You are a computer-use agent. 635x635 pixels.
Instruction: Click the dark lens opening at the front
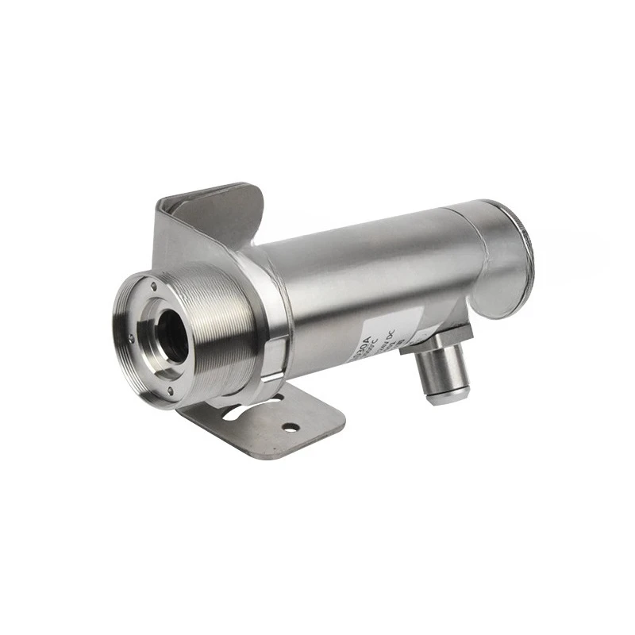click(x=172, y=333)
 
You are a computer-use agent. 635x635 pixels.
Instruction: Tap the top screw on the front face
click(x=151, y=283)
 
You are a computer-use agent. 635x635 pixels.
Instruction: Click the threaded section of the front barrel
click(x=230, y=317)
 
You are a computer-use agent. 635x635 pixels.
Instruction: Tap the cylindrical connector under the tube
click(x=445, y=369)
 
